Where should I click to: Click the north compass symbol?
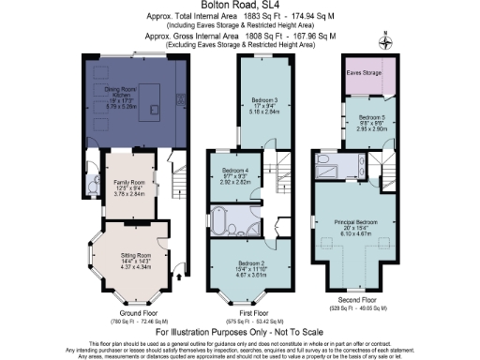[x=383, y=39]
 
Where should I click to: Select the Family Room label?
[x=130, y=165]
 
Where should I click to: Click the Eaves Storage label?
[x=366, y=72]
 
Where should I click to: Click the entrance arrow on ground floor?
[x=179, y=276]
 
